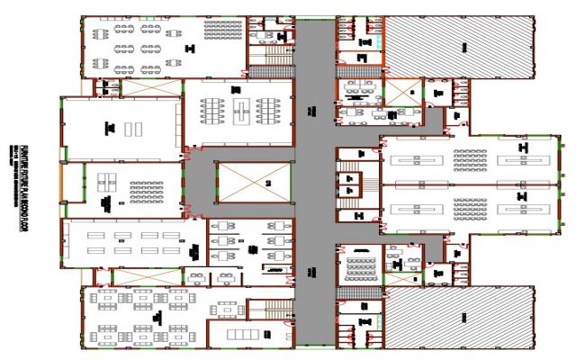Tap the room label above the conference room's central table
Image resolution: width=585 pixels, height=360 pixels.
[236, 89]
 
